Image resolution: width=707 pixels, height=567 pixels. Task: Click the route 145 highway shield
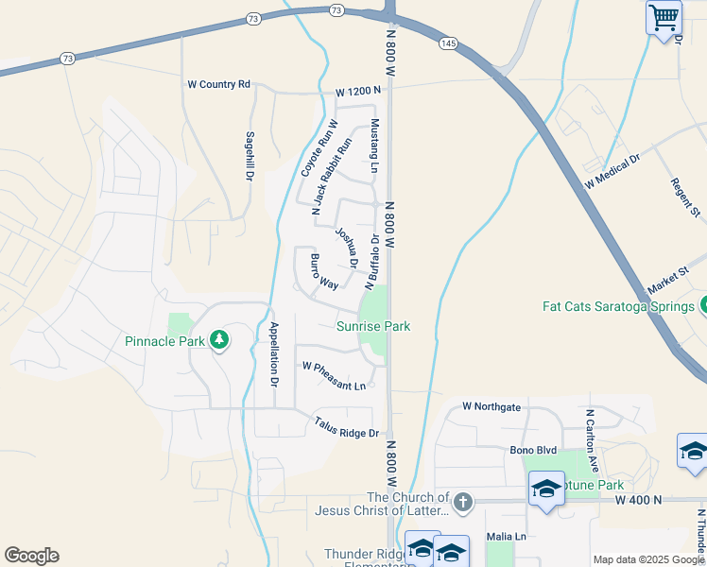[448, 43]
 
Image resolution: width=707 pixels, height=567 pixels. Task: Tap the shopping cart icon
[664, 16]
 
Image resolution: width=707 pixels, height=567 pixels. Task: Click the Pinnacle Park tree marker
[219, 339]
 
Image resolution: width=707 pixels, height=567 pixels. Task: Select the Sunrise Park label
[374, 326]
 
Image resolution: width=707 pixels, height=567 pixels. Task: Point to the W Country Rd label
[218, 84]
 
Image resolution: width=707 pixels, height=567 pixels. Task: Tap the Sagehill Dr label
[250, 156]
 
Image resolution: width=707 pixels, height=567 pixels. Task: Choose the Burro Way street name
[324, 271]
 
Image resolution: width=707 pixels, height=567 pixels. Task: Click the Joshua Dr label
[346, 246]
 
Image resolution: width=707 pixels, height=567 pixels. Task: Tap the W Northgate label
[491, 406]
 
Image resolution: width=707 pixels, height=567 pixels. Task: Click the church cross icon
[462, 501]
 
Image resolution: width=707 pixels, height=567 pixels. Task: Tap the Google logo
[31, 556]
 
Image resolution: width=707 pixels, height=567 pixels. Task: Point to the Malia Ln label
[506, 536]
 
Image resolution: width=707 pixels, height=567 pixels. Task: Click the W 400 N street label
[640, 498]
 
